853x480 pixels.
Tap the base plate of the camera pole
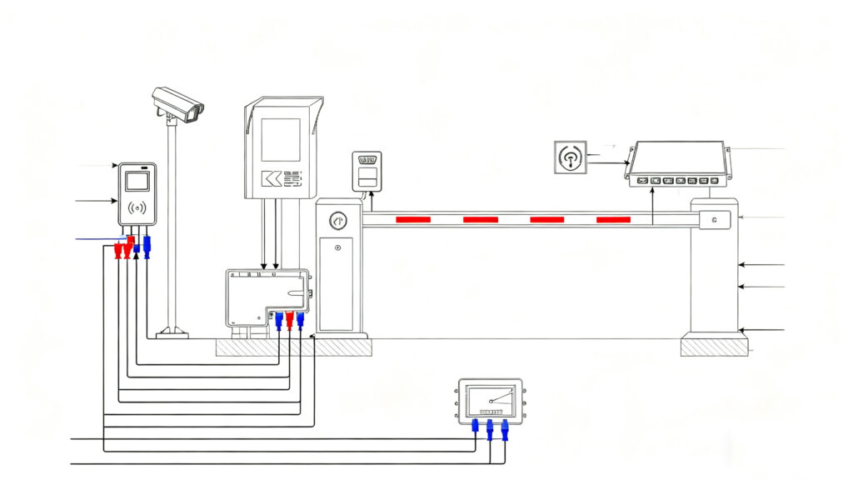click(x=172, y=335)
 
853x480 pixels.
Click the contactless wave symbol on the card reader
click(x=137, y=207)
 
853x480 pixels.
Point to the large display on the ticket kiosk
click(x=281, y=139)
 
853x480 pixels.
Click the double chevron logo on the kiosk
click(x=271, y=178)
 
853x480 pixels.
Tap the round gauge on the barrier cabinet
click(x=337, y=221)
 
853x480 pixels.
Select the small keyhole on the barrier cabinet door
click(x=337, y=248)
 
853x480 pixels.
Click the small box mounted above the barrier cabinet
click(x=367, y=170)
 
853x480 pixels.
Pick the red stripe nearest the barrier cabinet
click(x=413, y=219)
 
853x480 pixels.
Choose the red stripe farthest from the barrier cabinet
click(x=613, y=219)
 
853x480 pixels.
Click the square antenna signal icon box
click(x=570, y=157)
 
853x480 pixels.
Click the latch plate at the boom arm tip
click(x=715, y=220)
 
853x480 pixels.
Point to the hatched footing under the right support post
click(x=714, y=346)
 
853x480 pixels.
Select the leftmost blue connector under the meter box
click(x=476, y=427)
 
